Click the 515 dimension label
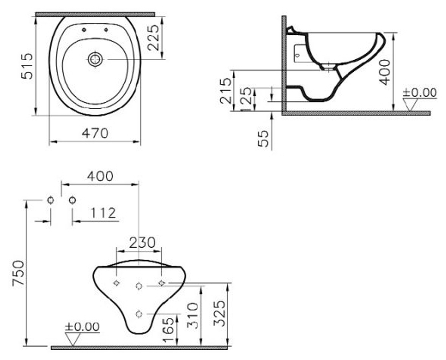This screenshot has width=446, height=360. tap(27, 66)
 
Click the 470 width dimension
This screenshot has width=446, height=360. tap(95, 132)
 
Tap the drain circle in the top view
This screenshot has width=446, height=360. tap(95, 59)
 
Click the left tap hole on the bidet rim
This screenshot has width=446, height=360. tap(84, 30)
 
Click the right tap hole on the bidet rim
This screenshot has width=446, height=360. tap(106, 30)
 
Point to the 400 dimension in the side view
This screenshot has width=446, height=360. tap(384, 71)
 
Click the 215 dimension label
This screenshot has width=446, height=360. tap(227, 90)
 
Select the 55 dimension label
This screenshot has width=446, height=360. tap(264, 139)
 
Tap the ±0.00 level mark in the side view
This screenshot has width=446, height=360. tap(419, 93)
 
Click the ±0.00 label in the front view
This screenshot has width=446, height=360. tap(82, 327)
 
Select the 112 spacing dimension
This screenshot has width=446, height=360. tap(102, 213)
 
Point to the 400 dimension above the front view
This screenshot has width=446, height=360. tap(100, 176)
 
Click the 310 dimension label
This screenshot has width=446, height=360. tap(192, 315)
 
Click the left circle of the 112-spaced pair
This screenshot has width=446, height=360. tap(50, 200)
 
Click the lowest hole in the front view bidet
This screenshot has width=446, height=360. tap(139, 314)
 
